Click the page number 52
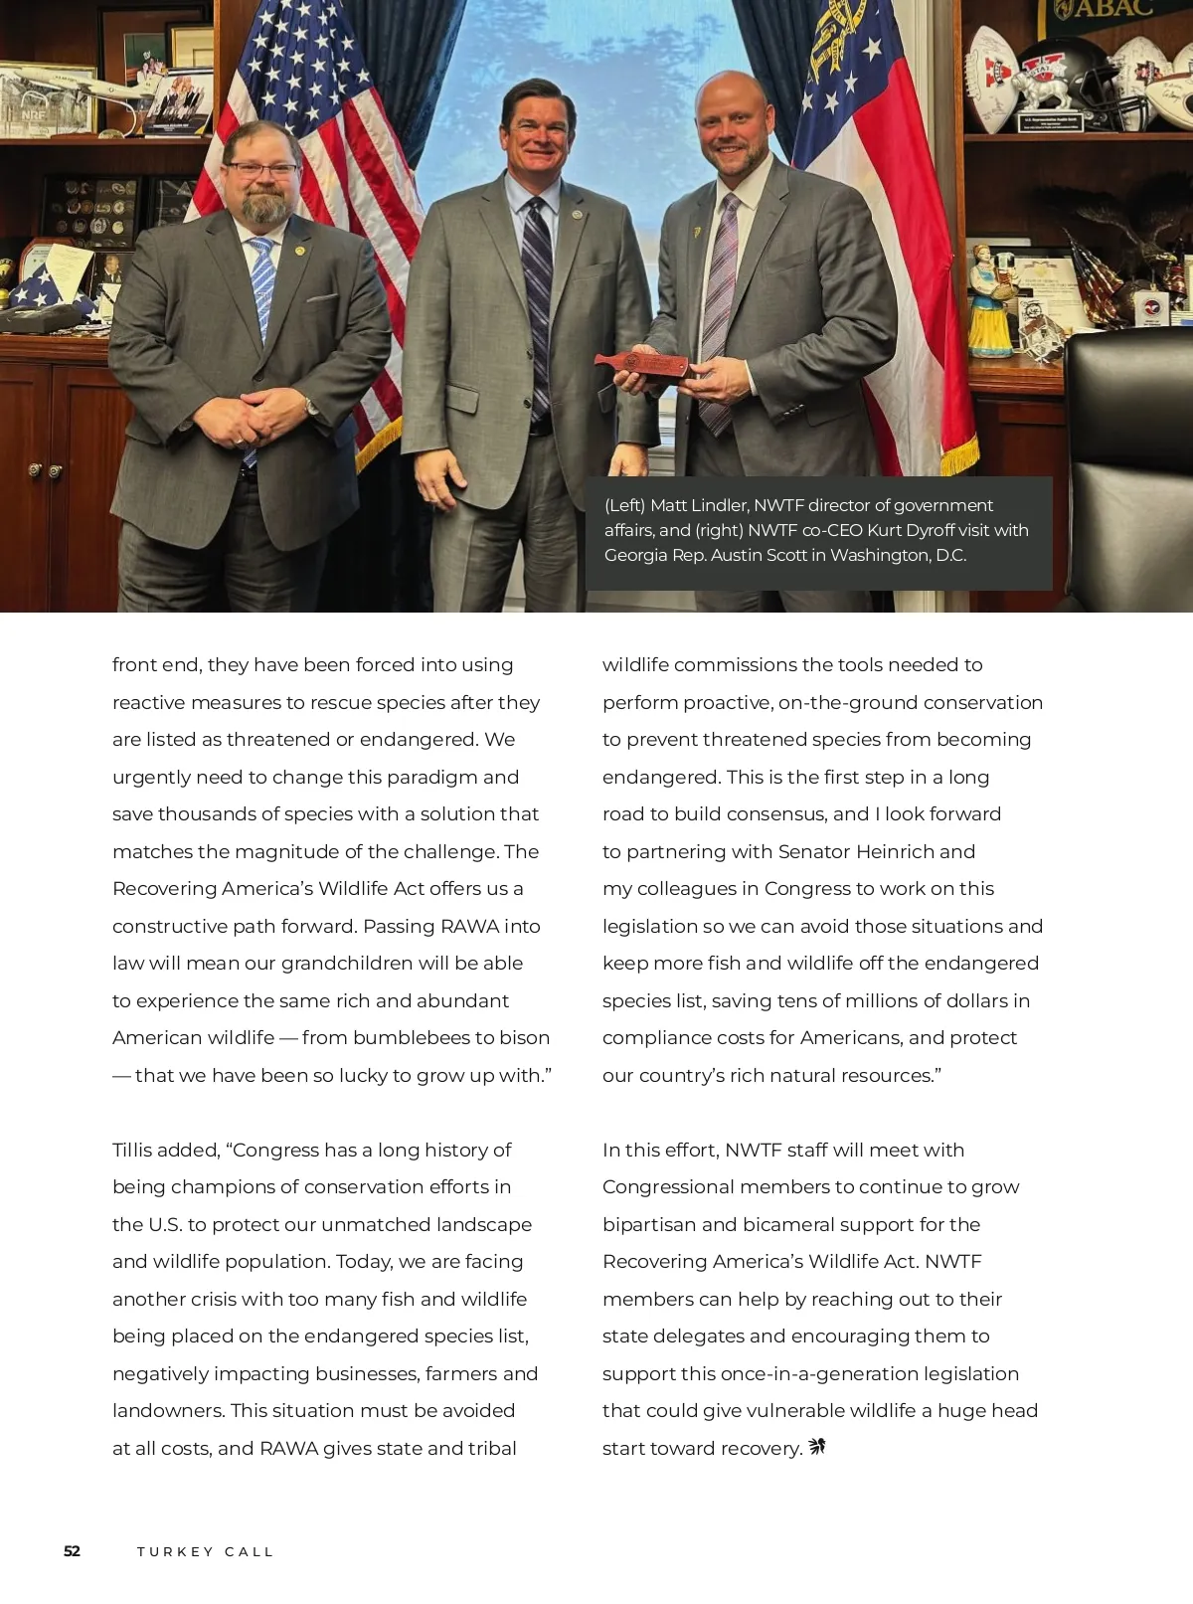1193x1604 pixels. click(x=72, y=1551)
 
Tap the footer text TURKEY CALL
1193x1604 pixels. click(x=205, y=1551)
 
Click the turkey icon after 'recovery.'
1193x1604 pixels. click(x=817, y=1446)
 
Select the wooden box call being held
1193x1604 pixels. click(x=643, y=365)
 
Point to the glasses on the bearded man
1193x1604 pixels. click(x=261, y=170)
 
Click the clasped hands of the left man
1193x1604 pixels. click(x=260, y=418)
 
